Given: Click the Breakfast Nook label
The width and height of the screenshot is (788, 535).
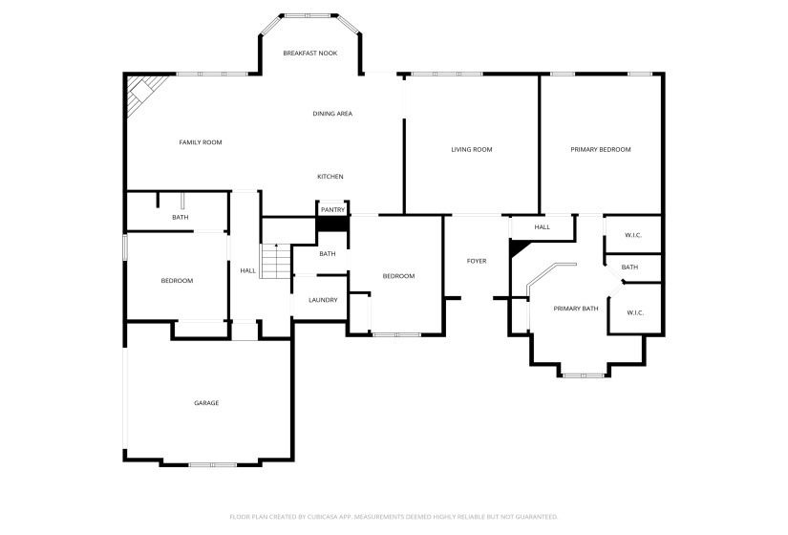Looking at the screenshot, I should click(310, 53).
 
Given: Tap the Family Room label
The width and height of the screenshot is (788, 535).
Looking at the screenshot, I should click(201, 142).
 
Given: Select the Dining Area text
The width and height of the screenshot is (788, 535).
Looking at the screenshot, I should click(332, 114).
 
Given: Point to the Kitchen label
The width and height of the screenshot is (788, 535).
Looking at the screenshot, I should click(330, 177).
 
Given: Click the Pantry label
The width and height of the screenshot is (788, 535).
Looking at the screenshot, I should click(332, 210).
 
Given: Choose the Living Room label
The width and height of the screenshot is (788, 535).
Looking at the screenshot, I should click(472, 149).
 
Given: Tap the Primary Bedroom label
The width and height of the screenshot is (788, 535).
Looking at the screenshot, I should click(601, 149).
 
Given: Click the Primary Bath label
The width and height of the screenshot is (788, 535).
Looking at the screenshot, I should click(576, 309).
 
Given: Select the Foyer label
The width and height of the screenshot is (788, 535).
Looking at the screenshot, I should click(477, 261).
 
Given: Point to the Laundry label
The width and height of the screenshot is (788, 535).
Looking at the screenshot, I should click(323, 300).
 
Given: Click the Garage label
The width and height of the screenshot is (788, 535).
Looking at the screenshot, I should click(206, 403).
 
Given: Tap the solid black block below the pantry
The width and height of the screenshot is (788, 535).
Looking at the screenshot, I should click(332, 224).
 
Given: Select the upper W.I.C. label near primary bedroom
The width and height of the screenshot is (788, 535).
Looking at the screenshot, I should click(632, 235).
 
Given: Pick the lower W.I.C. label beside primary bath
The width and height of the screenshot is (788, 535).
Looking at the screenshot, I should click(635, 312).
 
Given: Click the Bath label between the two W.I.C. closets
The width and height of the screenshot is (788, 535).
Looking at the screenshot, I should click(629, 267).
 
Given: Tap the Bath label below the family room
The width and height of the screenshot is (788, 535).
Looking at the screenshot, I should click(181, 218).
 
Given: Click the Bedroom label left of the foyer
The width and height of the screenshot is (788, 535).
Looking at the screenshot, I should click(398, 276).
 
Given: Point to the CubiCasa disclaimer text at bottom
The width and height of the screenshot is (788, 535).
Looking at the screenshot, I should click(394, 517).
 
